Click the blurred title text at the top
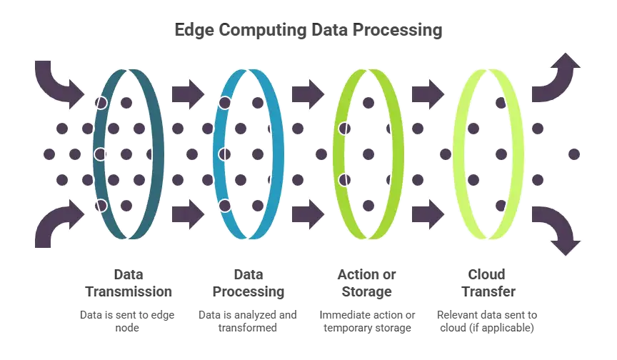[308, 31]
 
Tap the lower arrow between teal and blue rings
[189, 213]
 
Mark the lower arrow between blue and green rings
[308, 213]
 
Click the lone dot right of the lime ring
[573, 154]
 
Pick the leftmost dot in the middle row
[49, 154]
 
